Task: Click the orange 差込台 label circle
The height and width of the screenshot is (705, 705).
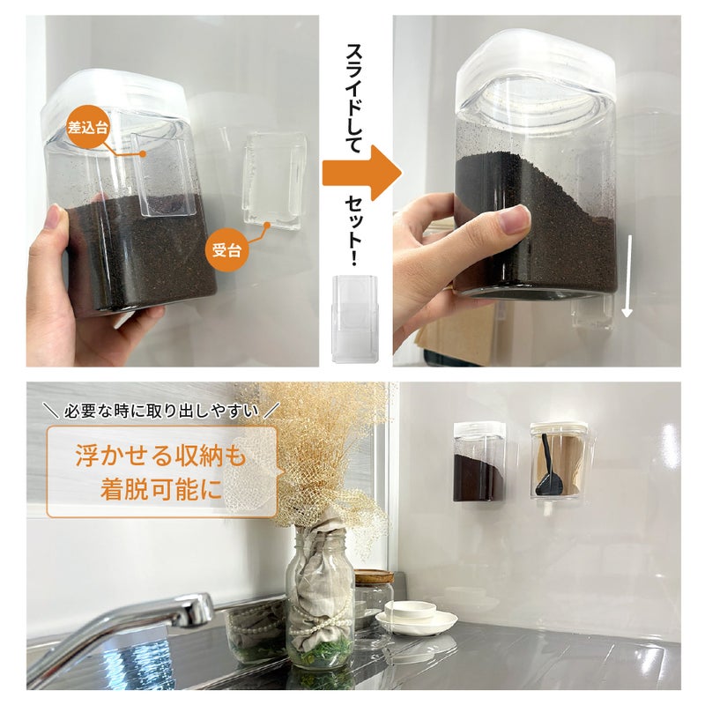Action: point(87,126)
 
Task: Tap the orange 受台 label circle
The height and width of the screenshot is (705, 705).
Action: point(227,250)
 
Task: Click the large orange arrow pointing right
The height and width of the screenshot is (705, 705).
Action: point(361,173)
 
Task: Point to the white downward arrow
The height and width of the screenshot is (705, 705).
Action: point(627,276)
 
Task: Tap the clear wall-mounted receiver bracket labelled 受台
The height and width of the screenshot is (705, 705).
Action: point(274,181)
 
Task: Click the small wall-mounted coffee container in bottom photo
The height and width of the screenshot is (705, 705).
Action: point(479,462)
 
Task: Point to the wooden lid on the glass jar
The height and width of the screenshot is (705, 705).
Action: point(374,576)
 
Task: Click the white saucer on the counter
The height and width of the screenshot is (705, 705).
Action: point(416,623)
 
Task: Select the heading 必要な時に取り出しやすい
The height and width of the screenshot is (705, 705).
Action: point(161,411)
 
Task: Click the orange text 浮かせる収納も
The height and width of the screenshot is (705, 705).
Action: point(161,455)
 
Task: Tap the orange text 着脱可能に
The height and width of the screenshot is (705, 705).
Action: point(161,489)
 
